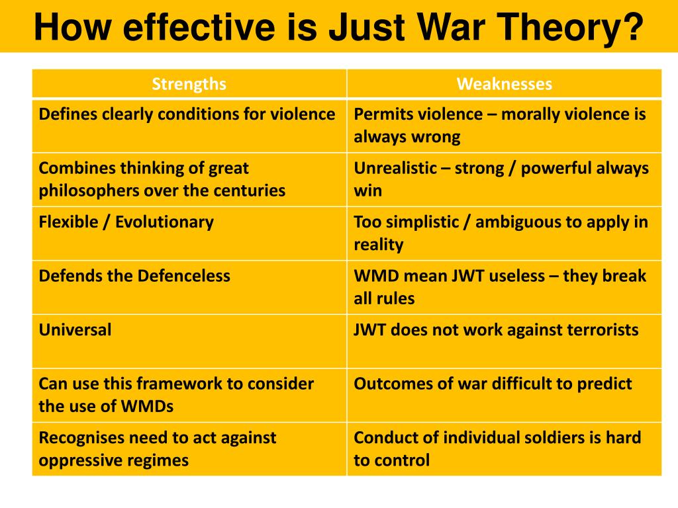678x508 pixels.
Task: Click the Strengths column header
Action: [x=189, y=84]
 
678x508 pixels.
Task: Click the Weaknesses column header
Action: [x=504, y=84]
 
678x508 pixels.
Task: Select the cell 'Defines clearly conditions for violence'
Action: [x=187, y=114]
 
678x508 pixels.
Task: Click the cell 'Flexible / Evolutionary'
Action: [x=126, y=222]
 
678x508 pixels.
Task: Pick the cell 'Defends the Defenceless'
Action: [x=134, y=276]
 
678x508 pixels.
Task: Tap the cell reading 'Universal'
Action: [x=75, y=329]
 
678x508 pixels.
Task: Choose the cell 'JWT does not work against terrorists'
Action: [x=496, y=329]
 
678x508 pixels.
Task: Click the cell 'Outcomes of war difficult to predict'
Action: [x=493, y=384]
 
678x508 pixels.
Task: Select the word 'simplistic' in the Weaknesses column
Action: [x=418, y=222]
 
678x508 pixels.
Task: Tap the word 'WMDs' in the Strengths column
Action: [x=147, y=406]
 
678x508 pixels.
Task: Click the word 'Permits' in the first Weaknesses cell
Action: [x=379, y=114]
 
